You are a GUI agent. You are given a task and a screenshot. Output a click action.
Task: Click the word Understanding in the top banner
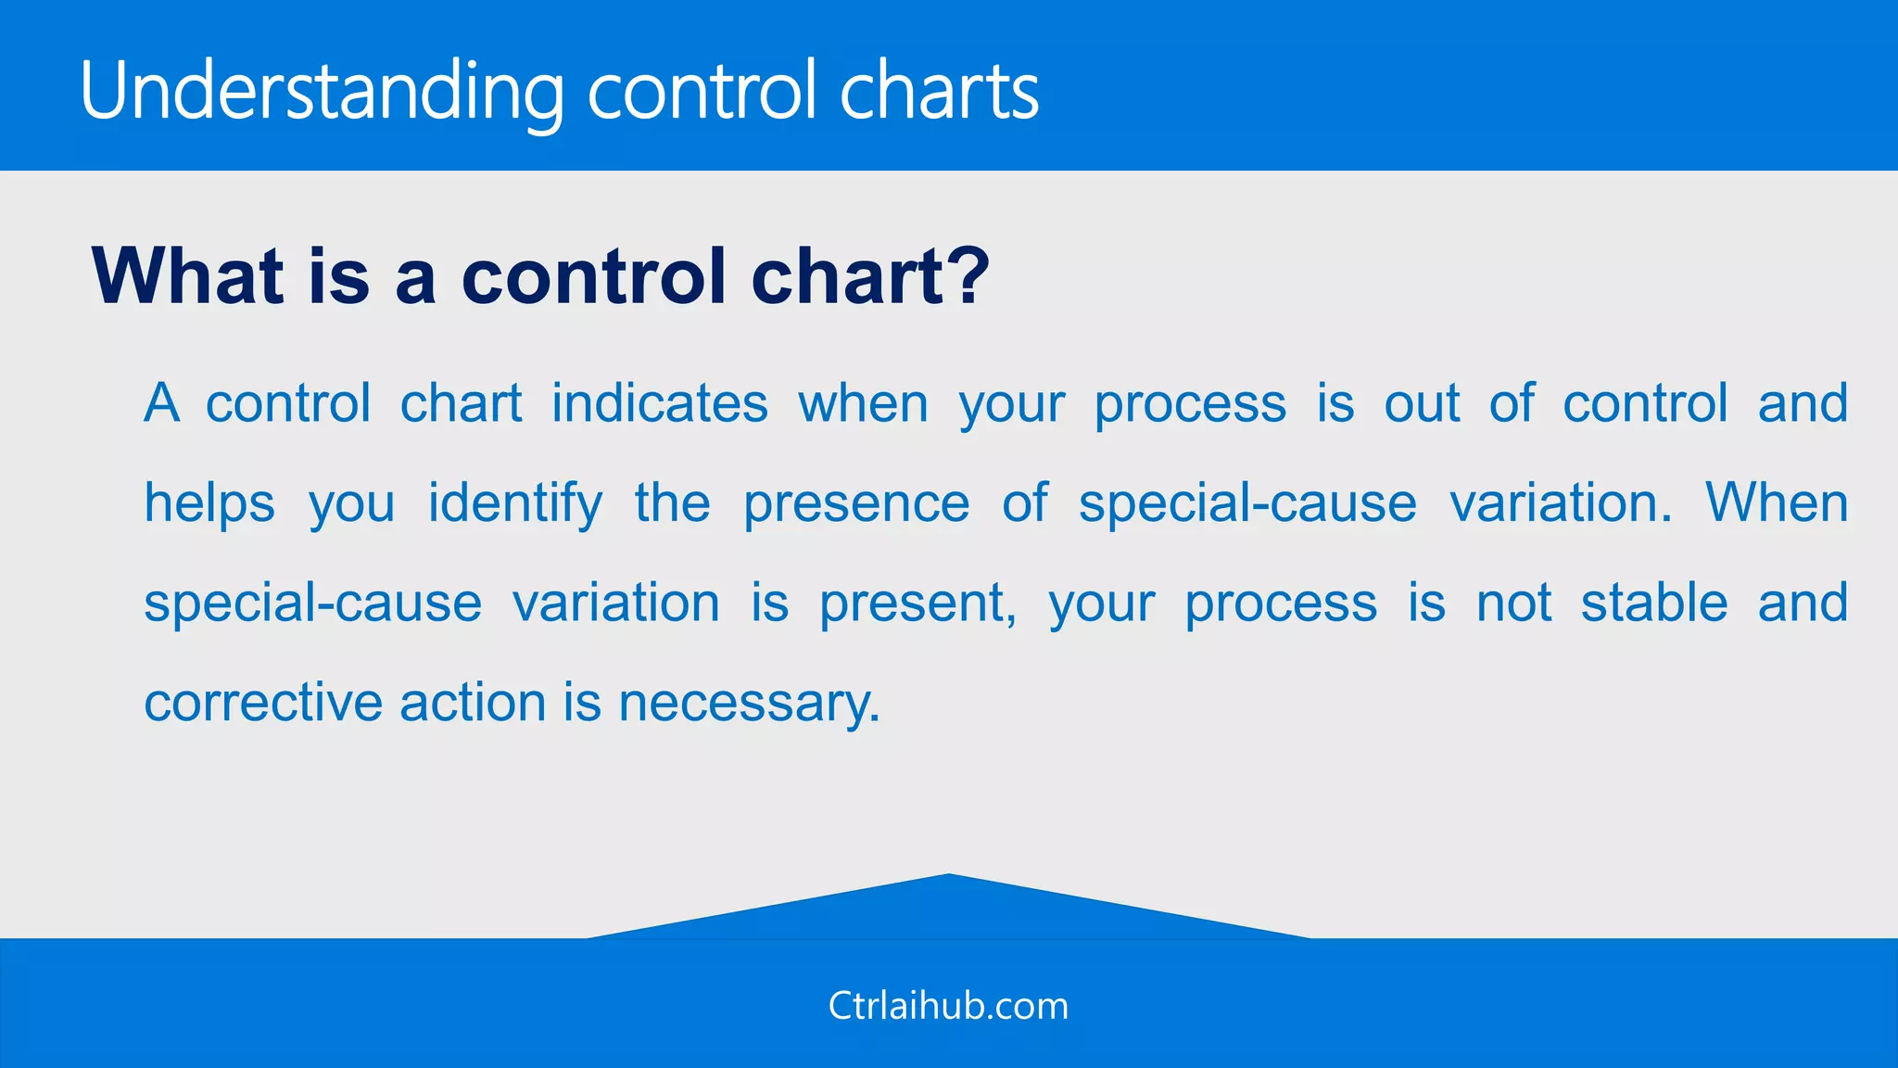[x=321, y=91]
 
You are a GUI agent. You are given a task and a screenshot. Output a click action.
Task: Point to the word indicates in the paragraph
[x=660, y=403]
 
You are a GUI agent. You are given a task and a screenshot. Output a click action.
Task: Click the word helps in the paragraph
[x=209, y=503]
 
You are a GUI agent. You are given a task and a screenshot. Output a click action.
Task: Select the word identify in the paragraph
[x=514, y=503]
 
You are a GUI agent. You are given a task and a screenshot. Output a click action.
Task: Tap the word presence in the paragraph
[x=856, y=505]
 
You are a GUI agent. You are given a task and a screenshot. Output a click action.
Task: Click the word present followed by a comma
[x=917, y=604]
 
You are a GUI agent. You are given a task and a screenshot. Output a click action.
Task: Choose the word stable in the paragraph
[x=1654, y=603]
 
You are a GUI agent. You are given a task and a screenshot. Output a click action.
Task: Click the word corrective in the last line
[x=263, y=702]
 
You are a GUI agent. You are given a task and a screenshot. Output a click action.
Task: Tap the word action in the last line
[x=474, y=702]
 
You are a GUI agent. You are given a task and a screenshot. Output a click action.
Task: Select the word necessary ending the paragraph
[x=748, y=704]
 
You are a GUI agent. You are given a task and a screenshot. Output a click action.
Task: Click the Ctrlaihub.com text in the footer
[x=948, y=1006]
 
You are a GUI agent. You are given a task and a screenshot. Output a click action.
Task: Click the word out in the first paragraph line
[x=1422, y=404]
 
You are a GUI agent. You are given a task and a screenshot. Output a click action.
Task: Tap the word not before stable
[x=1513, y=603]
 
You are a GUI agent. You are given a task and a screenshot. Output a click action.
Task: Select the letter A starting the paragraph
[x=162, y=403]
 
